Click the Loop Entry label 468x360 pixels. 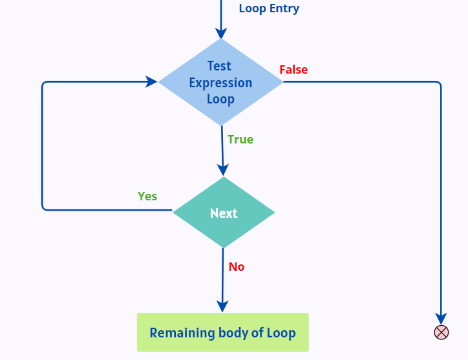coord(269,8)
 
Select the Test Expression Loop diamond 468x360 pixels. coord(220,82)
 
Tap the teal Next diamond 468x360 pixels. coord(224,213)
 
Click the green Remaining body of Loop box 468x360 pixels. coord(222,333)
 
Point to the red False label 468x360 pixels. coord(293,70)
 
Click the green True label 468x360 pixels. coord(240,140)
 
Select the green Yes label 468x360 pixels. coord(147,196)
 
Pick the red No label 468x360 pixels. coord(237,267)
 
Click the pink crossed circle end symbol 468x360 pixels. coord(441,332)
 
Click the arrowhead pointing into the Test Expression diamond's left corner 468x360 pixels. coord(151,81)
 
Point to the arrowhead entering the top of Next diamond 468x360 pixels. coord(223,170)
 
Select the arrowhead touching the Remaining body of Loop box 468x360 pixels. coord(222,306)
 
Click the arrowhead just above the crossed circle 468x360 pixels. coord(441,319)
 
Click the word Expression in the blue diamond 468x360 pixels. coord(220,83)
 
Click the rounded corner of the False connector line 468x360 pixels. coord(439,83)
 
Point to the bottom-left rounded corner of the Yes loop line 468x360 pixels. coord(44,207)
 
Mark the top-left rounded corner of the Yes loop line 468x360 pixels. coord(44,83)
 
